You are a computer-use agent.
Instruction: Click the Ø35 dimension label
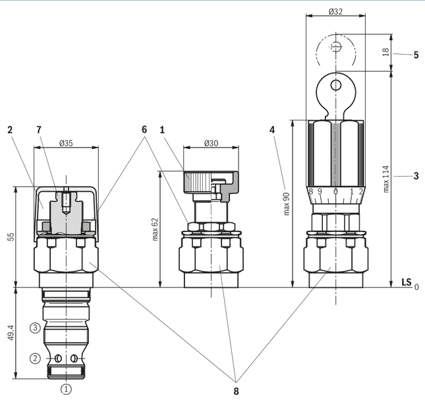[66, 143]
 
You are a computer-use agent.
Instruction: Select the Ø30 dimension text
[211, 143]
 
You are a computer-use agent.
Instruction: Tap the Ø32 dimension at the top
[335, 11]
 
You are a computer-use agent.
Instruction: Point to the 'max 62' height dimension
[155, 229]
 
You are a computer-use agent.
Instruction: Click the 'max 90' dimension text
[287, 204]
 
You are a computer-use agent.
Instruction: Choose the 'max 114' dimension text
[386, 179]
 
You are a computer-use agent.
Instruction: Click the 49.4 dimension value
[11, 333]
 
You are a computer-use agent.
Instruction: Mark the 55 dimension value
[11, 237]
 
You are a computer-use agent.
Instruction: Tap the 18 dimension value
[385, 52]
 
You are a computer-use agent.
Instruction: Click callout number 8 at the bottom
[236, 391]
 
